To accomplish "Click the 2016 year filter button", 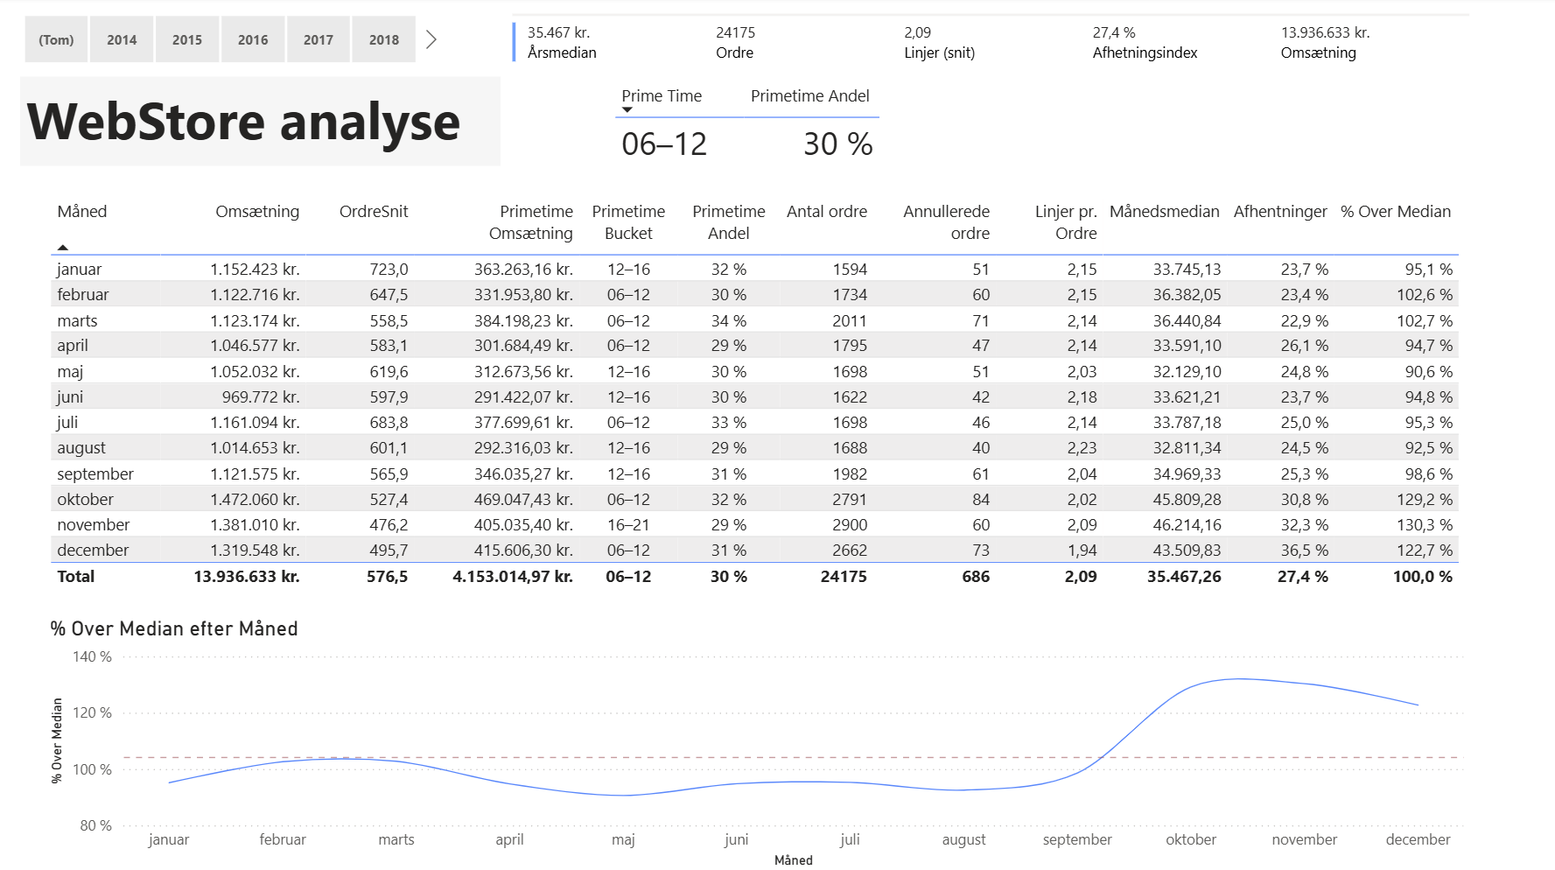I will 253,40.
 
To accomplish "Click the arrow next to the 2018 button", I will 431,39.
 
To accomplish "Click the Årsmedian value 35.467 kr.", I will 558,32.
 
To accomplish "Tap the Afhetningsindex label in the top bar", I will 1145,53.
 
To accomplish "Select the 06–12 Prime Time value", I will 663,144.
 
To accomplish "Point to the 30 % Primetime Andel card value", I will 837,144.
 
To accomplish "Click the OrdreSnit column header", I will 374,212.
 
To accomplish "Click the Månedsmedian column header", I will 1164,212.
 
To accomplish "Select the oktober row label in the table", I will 86,500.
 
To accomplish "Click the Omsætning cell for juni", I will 260,397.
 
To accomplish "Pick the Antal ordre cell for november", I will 849,525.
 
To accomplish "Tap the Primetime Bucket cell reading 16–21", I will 628,525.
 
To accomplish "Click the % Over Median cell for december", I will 1424,551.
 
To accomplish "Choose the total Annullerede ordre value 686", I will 975,577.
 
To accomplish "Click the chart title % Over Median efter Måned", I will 174,628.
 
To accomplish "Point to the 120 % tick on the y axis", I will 92,712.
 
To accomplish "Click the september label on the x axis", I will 1077,839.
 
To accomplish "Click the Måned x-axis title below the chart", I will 793,860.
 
